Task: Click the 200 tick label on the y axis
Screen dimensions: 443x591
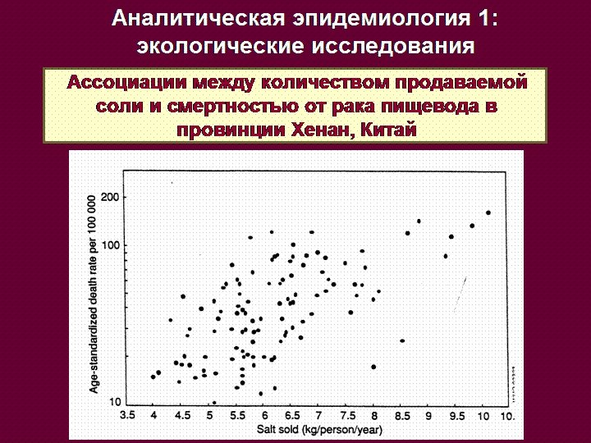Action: [x=111, y=198]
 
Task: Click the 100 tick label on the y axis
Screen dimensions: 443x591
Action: [x=111, y=245]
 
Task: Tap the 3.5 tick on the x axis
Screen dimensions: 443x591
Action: [x=127, y=416]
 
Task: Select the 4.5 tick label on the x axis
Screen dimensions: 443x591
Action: [x=182, y=416]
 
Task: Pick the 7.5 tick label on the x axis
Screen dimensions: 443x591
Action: [x=346, y=416]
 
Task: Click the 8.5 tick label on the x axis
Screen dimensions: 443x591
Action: [x=401, y=416]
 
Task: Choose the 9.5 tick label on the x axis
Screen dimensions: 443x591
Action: [x=456, y=416]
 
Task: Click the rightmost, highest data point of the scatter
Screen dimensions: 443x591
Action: [x=488, y=212]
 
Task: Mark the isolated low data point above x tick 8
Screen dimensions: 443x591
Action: [x=373, y=367]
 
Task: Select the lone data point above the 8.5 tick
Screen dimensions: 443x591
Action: [x=402, y=340]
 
